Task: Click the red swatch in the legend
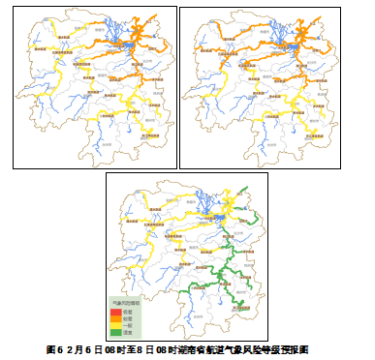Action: click(114, 311)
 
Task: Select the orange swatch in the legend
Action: click(114, 317)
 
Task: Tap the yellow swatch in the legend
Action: click(114, 324)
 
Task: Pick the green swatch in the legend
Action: click(114, 332)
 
